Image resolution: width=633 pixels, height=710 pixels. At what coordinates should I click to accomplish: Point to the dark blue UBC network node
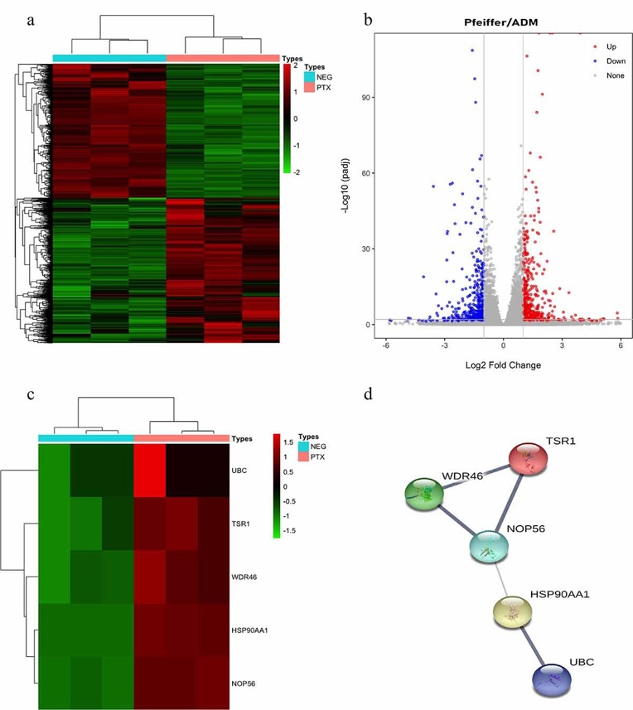(x=553, y=677)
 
